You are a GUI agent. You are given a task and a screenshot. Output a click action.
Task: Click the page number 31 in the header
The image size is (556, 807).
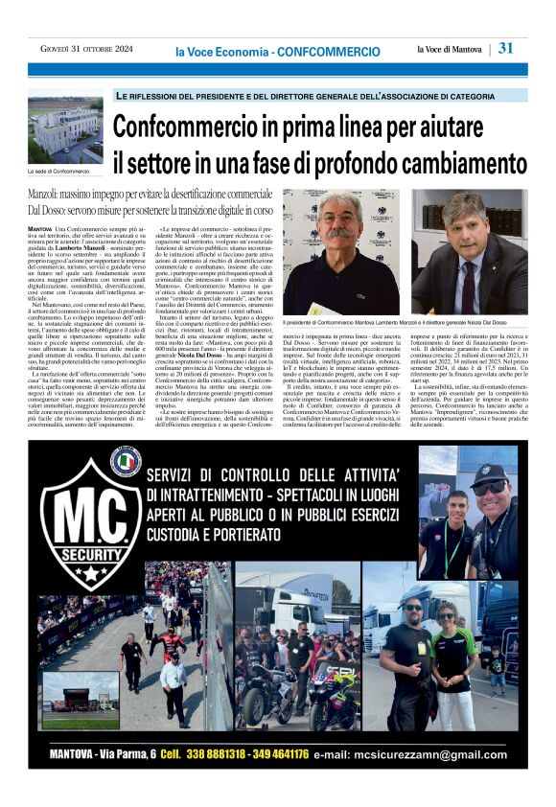click(x=506, y=48)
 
